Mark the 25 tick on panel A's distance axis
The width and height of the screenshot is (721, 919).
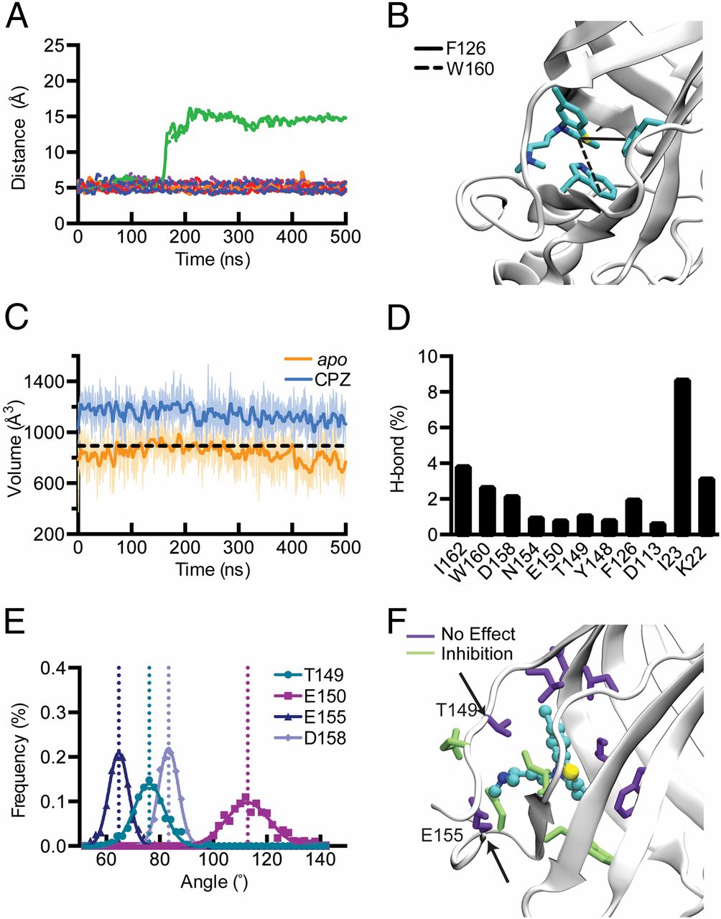pyautogui.click(x=55, y=46)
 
